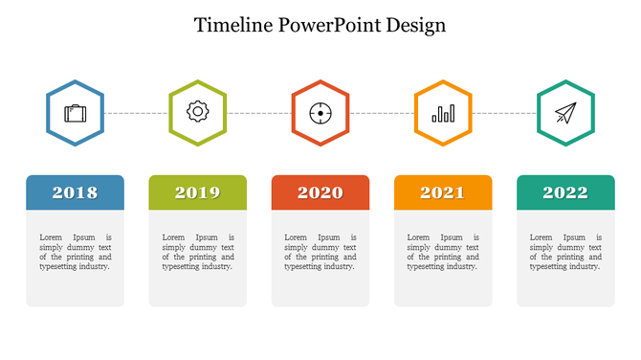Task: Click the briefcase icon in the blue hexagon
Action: point(75,113)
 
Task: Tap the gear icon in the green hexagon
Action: point(197,112)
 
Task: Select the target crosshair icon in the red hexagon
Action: point(320,113)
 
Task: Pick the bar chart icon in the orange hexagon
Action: point(443,114)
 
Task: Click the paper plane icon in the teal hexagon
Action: point(565,113)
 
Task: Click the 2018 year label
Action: point(75,192)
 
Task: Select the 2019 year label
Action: point(197,192)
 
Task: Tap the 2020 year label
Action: point(320,192)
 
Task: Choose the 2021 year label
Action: point(443,192)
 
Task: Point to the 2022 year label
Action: point(565,192)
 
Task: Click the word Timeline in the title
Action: point(233,25)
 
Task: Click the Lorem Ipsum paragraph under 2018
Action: point(75,252)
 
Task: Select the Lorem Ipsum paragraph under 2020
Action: point(320,252)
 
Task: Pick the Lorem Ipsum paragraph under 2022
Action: point(565,252)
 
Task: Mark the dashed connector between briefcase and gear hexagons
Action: point(136,113)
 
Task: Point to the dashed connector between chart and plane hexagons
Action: point(504,113)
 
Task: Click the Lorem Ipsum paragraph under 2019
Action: point(197,252)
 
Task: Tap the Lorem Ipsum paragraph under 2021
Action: point(443,252)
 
